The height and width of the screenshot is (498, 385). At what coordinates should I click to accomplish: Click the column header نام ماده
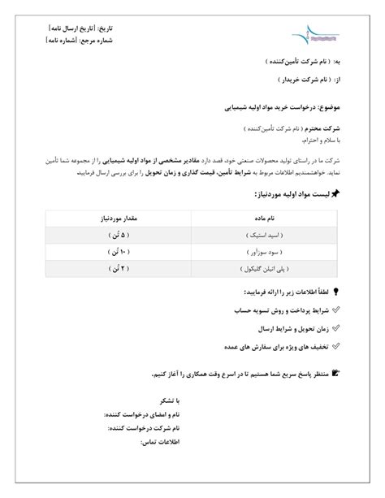[x=267, y=218]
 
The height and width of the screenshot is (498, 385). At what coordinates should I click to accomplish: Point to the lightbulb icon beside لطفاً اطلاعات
[x=335, y=292]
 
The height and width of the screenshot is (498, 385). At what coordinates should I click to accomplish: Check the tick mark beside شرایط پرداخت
[x=335, y=310]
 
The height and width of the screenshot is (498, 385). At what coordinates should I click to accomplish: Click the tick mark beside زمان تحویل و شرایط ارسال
[x=335, y=329]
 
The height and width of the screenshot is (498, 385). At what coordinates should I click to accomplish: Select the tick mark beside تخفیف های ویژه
[x=335, y=347]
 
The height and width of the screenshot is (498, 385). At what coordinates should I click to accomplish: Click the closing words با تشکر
[x=167, y=401]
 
